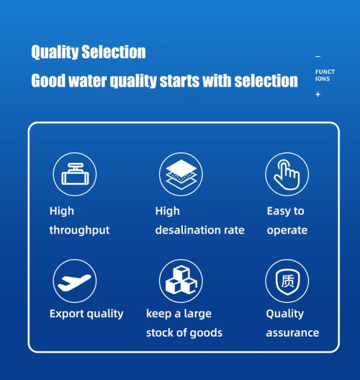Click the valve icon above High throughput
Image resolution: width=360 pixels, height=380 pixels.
click(75, 174)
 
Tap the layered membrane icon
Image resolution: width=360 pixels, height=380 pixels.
click(181, 174)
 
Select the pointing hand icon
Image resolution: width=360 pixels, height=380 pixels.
click(287, 174)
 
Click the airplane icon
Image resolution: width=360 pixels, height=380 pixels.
click(74, 283)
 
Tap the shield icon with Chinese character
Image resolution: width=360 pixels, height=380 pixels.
click(287, 282)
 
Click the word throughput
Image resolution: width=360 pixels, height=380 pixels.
click(79, 230)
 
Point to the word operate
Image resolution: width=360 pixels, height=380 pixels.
click(287, 230)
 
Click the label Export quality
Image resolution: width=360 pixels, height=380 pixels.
click(86, 314)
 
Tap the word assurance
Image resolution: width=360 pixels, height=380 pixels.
click(292, 333)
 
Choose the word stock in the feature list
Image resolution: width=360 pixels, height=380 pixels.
click(160, 333)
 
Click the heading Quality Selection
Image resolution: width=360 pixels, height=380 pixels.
click(89, 52)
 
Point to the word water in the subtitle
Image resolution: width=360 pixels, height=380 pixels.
click(88, 80)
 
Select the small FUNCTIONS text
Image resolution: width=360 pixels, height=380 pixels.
click(325, 75)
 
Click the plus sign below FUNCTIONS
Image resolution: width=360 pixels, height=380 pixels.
click(318, 94)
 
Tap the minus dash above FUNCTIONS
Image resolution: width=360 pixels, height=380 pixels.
click(318, 57)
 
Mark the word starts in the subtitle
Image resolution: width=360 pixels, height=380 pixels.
click(180, 80)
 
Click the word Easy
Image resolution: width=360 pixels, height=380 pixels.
click(279, 212)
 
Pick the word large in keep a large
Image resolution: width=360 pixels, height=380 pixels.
click(198, 314)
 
